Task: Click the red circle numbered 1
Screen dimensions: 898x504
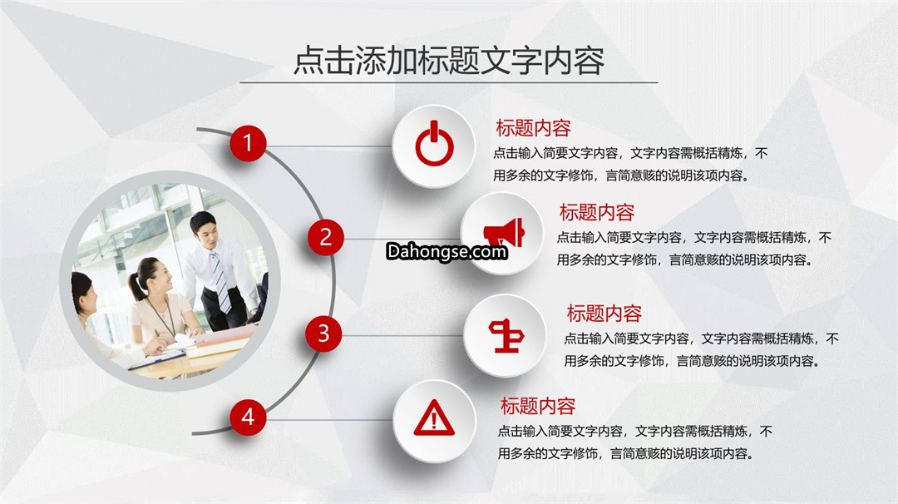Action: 248,143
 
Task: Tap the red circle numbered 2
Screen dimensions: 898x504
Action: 325,237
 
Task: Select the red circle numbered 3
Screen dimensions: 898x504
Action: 323,334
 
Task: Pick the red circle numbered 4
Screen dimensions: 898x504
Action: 248,417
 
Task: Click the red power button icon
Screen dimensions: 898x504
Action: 434,144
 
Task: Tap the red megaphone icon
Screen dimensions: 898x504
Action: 504,233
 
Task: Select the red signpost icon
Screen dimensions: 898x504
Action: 506,336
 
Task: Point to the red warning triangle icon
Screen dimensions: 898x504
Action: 434,418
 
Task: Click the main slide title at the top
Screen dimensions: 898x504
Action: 449,60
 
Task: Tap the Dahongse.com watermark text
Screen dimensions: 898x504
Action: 447,251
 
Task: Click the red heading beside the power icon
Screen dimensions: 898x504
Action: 533,128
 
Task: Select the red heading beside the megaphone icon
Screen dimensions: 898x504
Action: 597,212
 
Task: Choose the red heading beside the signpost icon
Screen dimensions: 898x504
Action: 604,314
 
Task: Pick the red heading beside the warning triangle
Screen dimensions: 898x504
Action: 538,406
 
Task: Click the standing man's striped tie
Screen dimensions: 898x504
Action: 220,280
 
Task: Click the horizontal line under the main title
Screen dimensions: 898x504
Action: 448,82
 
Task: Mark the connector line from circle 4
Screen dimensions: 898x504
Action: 330,420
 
